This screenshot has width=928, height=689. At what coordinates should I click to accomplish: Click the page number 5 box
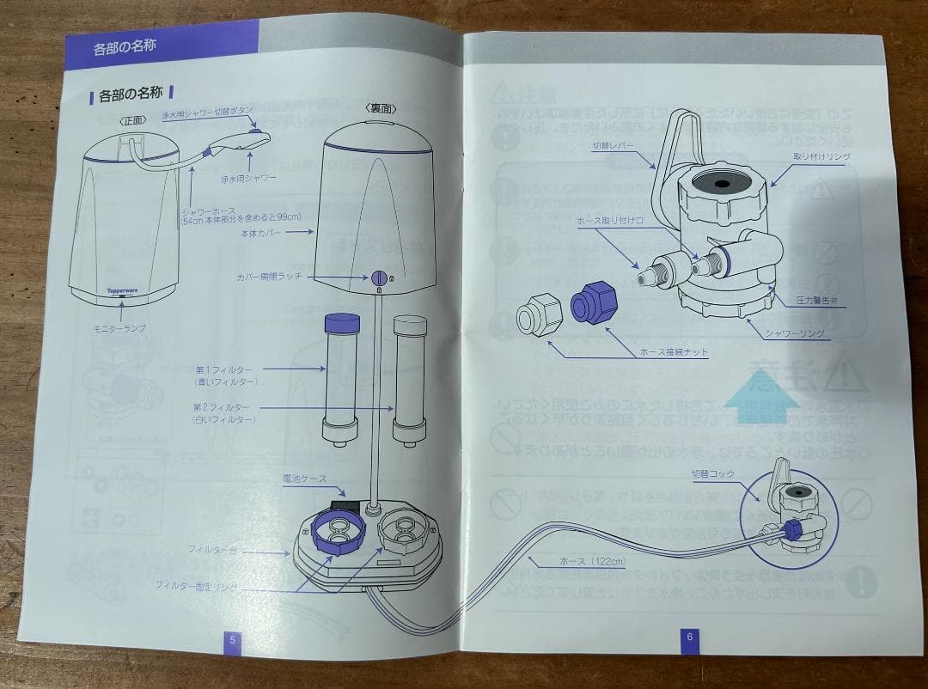click(232, 639)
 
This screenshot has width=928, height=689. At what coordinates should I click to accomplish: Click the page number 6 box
click(688, 637)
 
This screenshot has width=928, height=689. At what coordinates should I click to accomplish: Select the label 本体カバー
click(263, 232)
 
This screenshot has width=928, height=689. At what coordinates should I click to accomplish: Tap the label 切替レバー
click(614, 147)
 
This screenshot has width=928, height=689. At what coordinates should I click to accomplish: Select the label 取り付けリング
click(822, 156)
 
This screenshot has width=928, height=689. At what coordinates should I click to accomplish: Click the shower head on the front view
click(241, 139)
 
